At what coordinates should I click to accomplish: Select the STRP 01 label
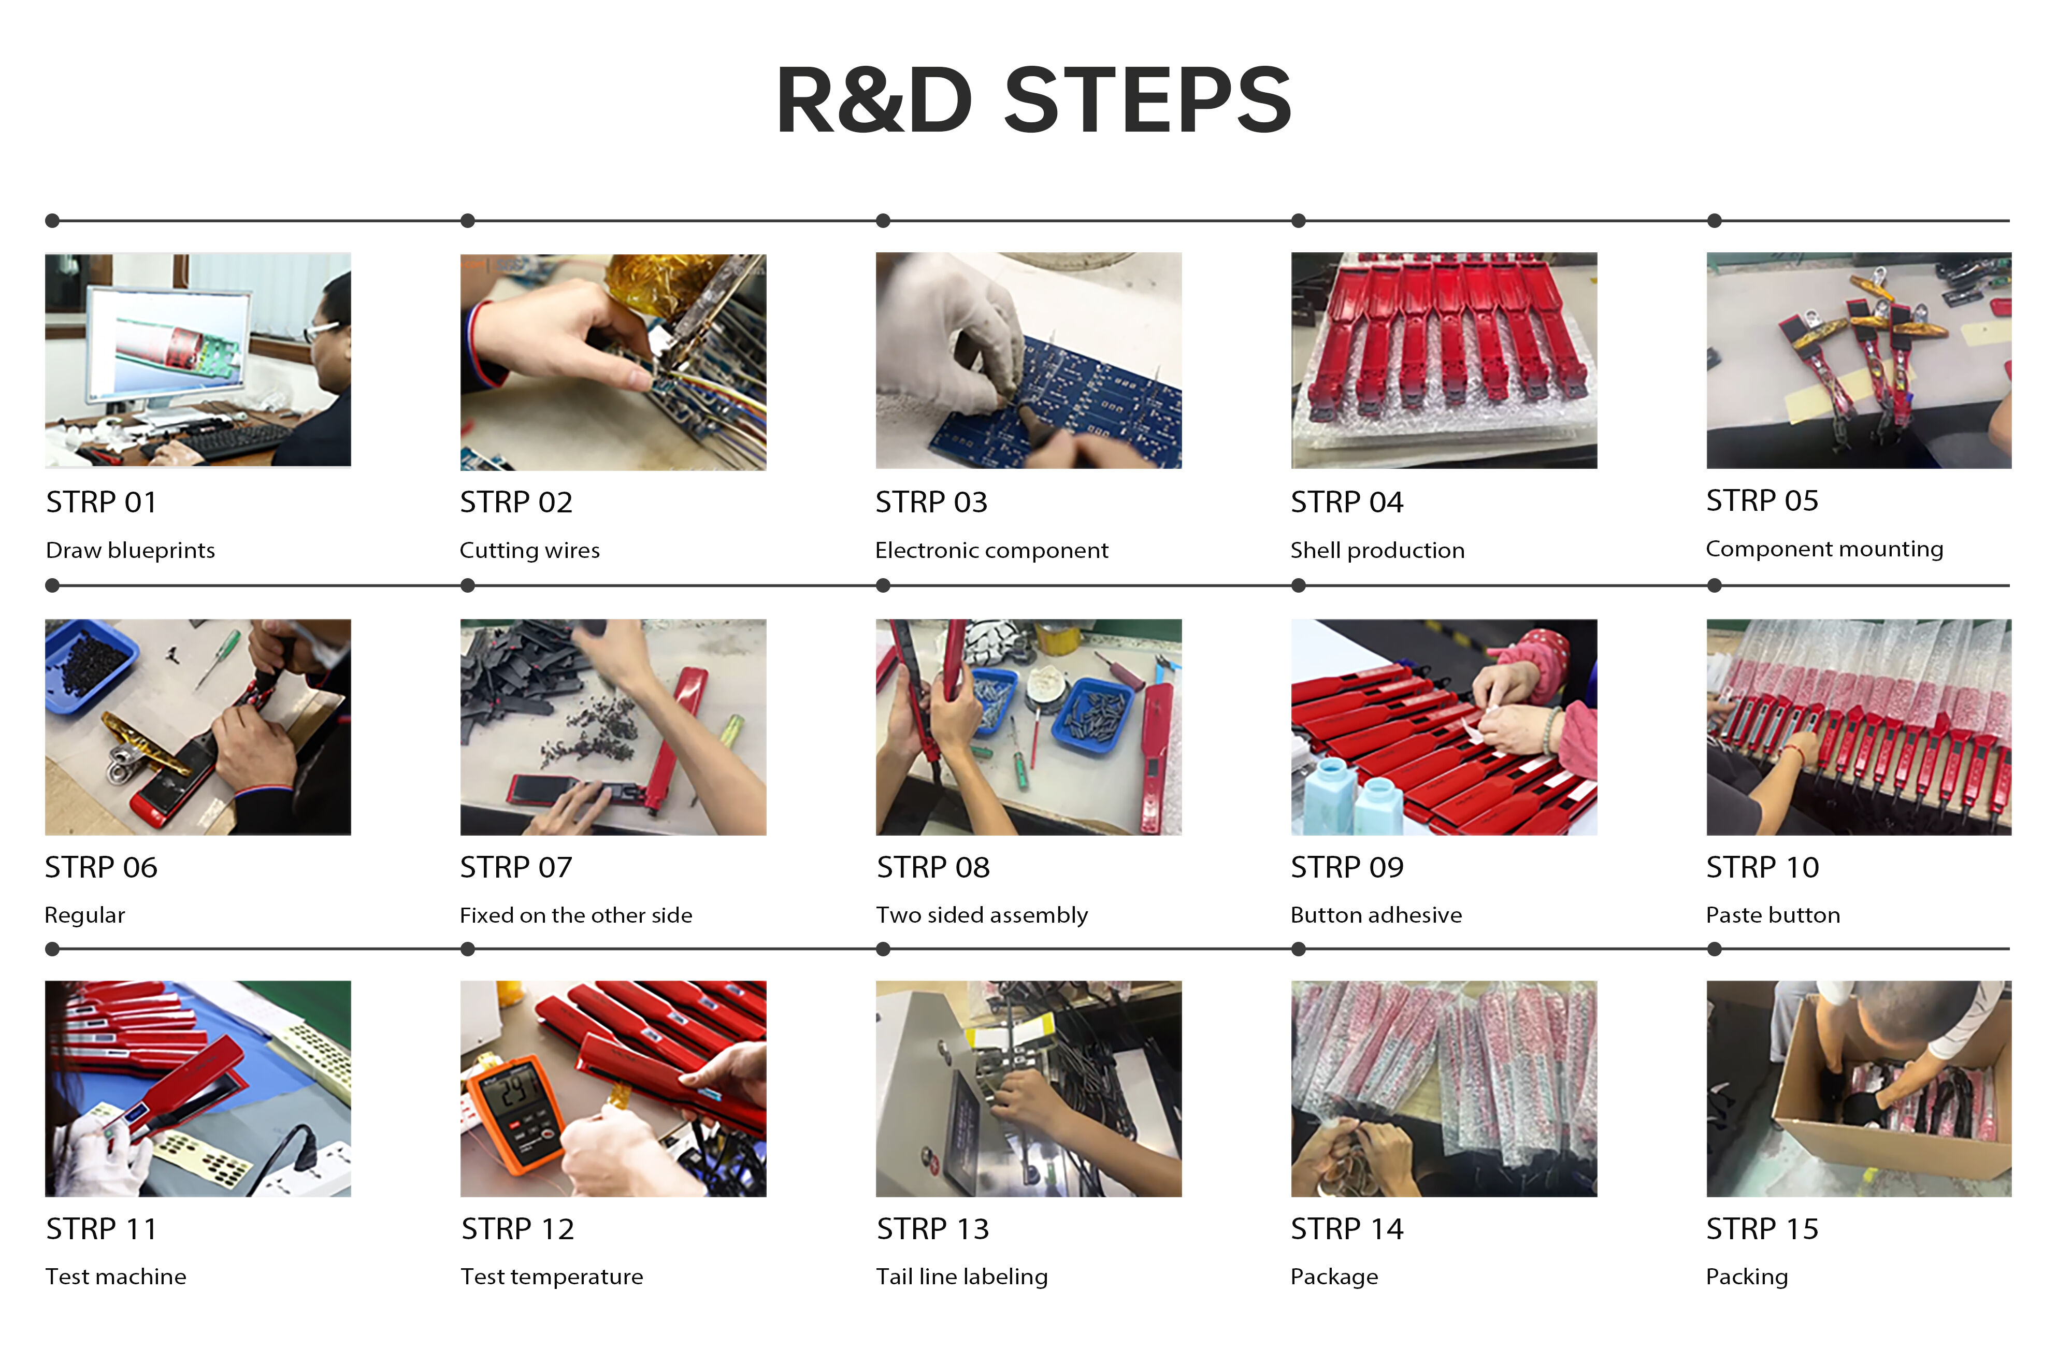click(101, 503)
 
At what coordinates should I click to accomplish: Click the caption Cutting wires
click(529, 550)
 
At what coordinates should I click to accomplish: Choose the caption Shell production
click(1377, 550)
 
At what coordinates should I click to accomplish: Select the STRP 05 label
click(1762, 501)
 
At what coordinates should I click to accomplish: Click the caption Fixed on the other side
click(575, 915)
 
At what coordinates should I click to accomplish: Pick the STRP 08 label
click(932, 867)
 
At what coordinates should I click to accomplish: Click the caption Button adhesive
click(1375, 915)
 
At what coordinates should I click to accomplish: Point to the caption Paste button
click(1773, 915)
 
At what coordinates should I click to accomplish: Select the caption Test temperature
click(551, 1277)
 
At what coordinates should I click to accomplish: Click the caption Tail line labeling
click(961, 1277)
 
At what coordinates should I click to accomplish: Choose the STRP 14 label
click(1347, 1229)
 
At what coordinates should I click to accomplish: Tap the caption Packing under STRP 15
click(1746, 1277)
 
